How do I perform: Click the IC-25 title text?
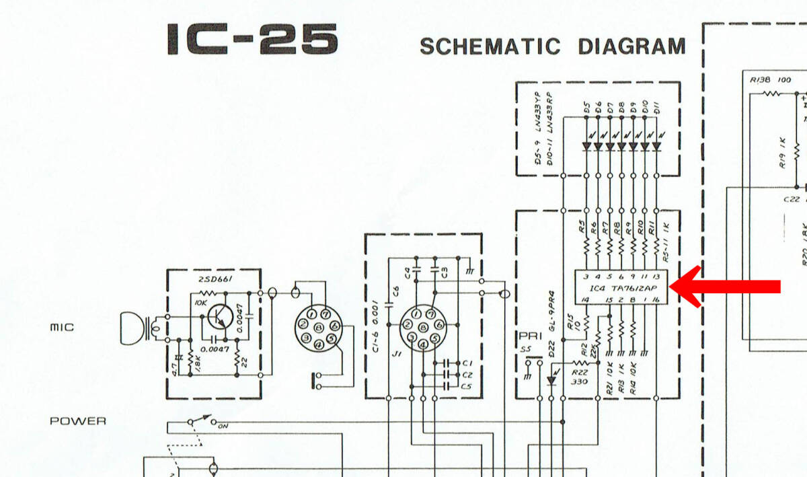[252, 40]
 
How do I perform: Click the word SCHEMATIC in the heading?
[490, 46]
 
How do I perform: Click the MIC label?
[62, 328]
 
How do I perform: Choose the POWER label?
[77, 421]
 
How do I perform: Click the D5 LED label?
[587, 108]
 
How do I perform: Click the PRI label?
[527, 336]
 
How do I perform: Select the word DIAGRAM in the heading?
[631, 46]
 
